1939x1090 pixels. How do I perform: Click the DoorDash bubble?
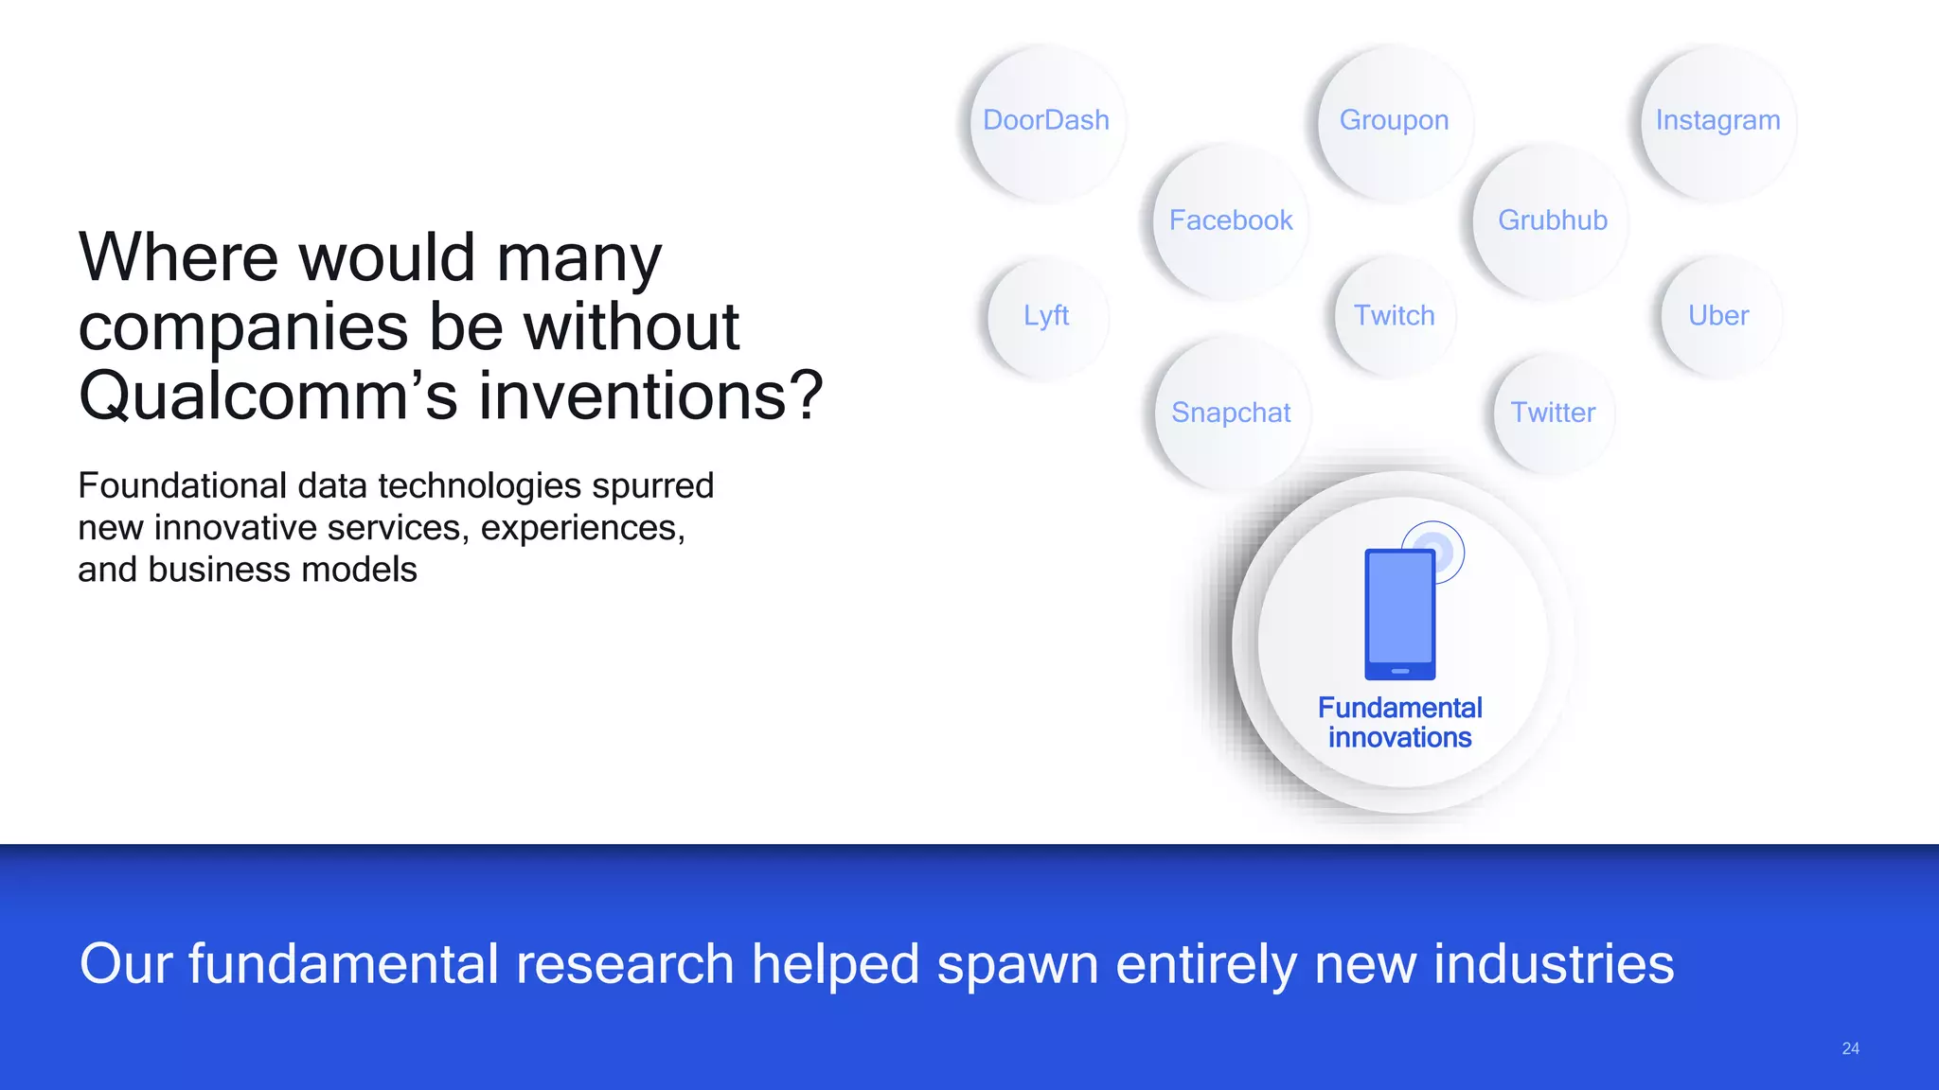tap(1046, 121)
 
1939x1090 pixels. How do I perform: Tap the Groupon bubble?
tap(1394, 121)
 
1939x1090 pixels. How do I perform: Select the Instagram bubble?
tap(1717, 121)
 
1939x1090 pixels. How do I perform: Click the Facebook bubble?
tap(1231, 221)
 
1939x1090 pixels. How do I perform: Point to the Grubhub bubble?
tap(1553, 221)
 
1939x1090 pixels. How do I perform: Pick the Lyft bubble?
tap(1046, 316)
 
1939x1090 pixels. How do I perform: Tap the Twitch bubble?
tap(1394, 316)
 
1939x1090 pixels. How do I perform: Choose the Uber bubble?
tap(1718, 316)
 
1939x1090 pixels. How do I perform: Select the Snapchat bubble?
tap(1231, 413)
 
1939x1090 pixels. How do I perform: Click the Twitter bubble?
tap(1553, 413)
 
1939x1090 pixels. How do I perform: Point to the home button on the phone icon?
tap(1400, 671)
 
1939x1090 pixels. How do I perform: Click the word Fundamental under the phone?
tap(1399, 708)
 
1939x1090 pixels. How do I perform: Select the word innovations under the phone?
tap(1399, 738)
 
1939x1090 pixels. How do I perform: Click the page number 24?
tap(1850, 1048)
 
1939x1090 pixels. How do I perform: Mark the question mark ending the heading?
tap(805, 396)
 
